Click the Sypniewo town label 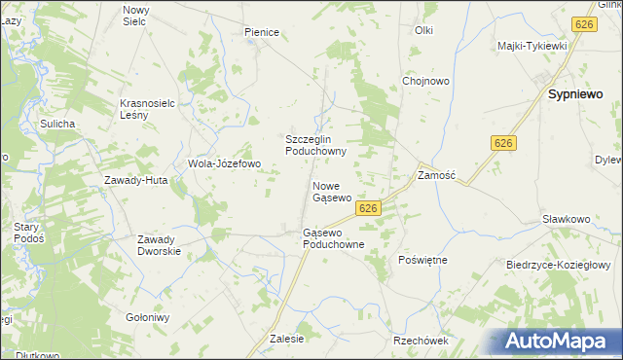[574, 94]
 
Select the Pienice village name [262, 32]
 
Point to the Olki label [423, 31]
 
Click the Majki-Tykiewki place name [531, 46]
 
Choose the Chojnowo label [426, 82]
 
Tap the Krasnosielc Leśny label [147, 108]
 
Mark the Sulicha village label [57, 125]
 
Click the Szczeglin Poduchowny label [315, 145]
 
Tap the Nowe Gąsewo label [331, 192]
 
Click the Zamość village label [436, 175]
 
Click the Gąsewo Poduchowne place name [333, 238]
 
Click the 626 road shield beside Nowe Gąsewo [367, 209]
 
